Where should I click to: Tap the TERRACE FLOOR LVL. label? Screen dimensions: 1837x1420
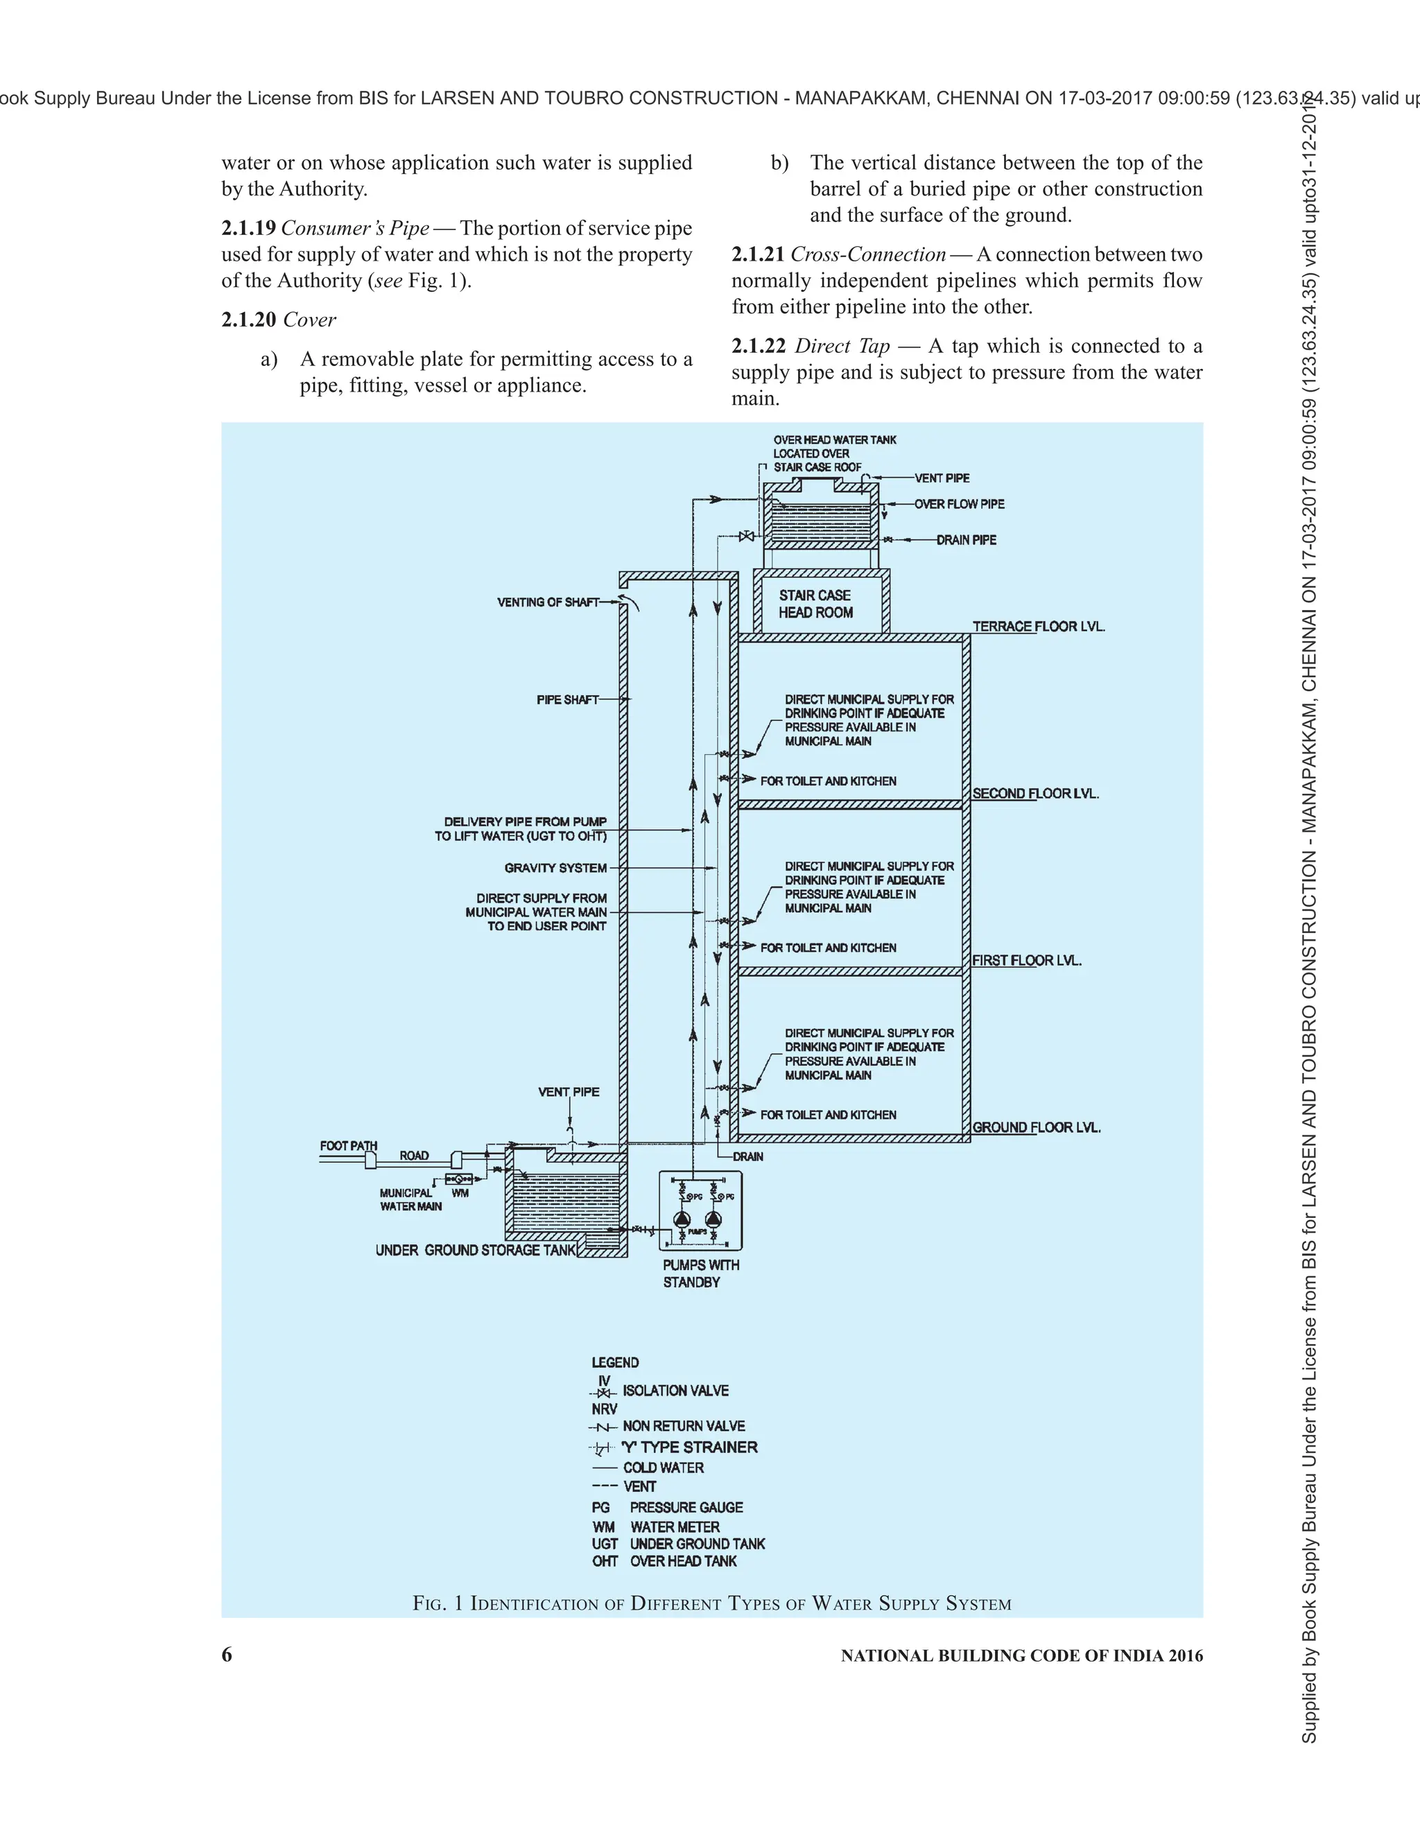(x=1038, y=627)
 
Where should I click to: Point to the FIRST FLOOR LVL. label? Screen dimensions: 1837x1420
(x=1026, y=961)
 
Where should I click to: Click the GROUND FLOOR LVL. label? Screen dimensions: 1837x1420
(x=1037, y=1127)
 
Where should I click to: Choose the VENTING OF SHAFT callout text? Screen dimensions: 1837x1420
(x=548, y=602)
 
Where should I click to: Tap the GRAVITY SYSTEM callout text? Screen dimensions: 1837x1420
(x=555, y=868)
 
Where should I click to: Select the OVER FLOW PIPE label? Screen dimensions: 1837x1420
(x=959, y=504)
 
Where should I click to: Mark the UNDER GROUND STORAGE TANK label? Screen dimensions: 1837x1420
(x=475, y=1251)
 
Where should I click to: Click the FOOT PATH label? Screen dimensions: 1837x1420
(x=348, y=1146)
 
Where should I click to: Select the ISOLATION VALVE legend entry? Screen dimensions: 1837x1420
(x=675, y=1391)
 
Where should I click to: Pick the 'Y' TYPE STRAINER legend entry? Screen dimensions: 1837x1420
(x=689, y=1447)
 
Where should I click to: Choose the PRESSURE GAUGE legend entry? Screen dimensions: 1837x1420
(x=686, y=1507)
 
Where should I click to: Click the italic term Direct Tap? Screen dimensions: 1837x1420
(x=842, y=347)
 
